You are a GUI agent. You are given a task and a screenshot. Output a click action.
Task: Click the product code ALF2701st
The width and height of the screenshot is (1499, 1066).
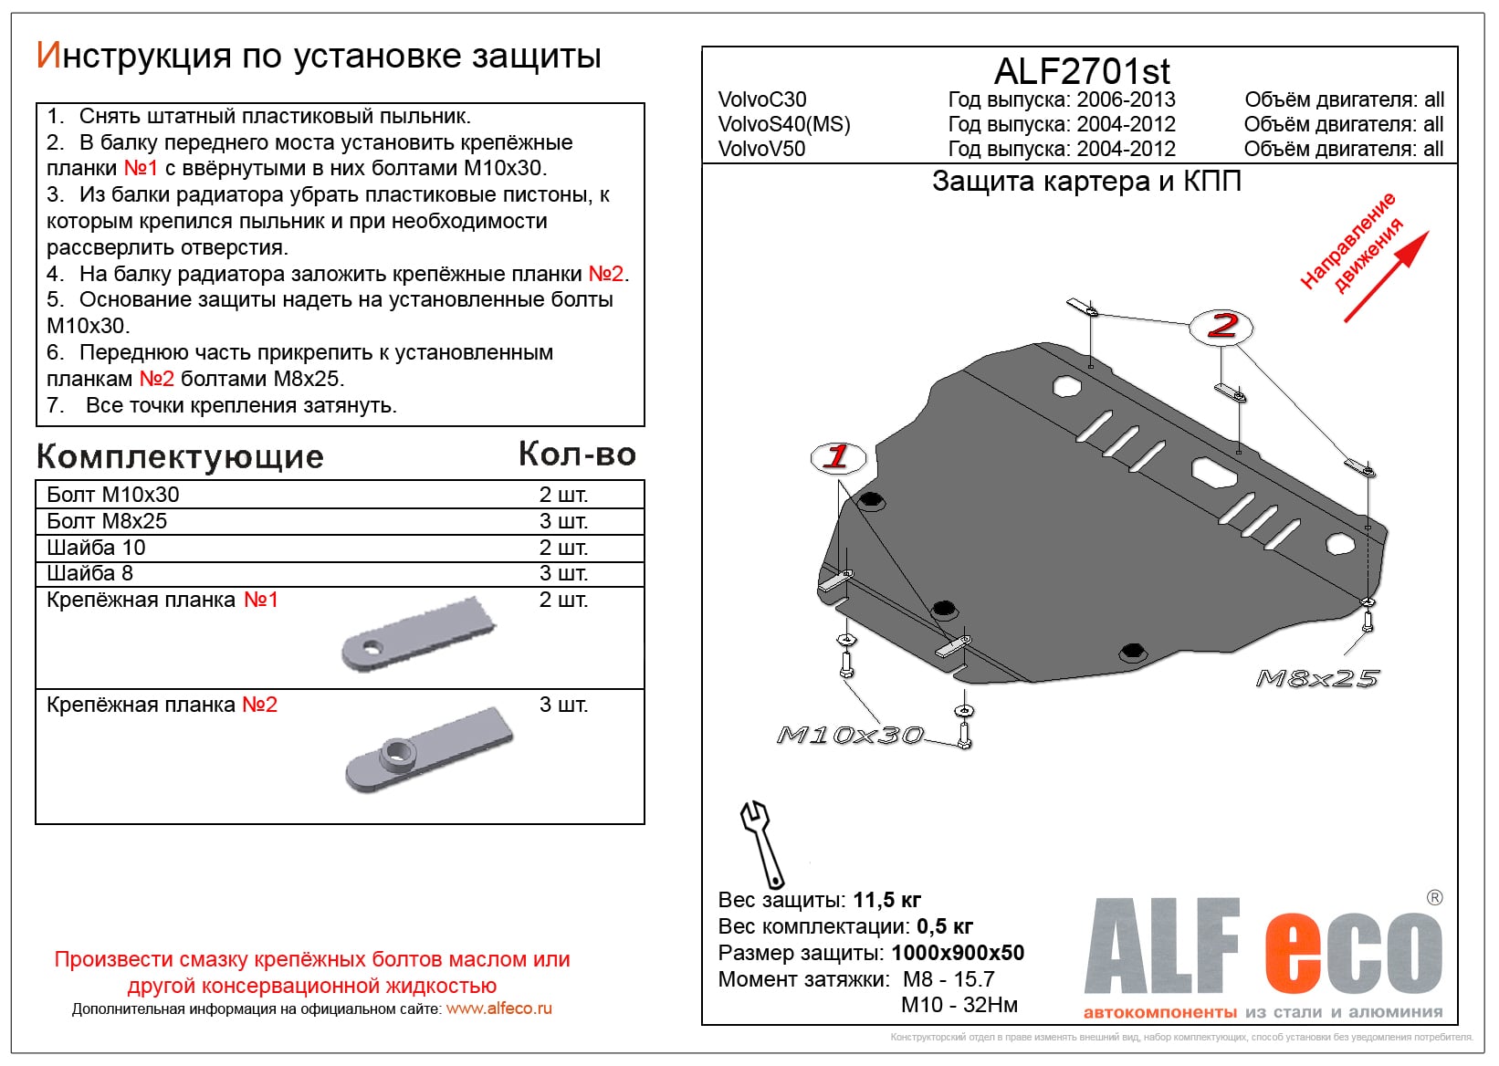(x=1081, y=71)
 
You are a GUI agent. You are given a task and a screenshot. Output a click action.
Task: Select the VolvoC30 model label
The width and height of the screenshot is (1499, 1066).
(x=762, y=99)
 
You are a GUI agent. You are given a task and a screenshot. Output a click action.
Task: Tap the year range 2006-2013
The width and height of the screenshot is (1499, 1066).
(x=1126, y=99)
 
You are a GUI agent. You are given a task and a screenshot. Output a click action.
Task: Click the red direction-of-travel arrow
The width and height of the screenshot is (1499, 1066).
(x=1385, y=277)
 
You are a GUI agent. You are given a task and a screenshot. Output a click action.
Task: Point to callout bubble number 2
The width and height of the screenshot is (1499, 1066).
(x=1221, y=326)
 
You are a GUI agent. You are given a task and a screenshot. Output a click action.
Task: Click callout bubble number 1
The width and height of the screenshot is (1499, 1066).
(x=836, y=456)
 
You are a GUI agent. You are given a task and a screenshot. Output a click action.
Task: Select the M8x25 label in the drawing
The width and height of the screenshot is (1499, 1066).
(x=1317, y=678)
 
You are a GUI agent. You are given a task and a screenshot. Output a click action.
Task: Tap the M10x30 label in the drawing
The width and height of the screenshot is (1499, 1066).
(x=849, y=735)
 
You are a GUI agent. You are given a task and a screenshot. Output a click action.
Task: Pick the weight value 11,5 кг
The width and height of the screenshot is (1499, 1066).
(x=886, y=900)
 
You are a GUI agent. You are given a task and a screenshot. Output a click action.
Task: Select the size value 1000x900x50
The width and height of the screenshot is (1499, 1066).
(x=958, y=953)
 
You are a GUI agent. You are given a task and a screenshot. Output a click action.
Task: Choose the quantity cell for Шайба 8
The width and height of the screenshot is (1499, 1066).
(x=563, y=573)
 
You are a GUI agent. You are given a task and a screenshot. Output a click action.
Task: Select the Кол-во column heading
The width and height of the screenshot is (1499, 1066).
(x=577, y=454)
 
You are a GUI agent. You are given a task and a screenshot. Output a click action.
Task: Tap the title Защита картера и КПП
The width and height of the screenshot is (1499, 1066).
(x=1086, y=182)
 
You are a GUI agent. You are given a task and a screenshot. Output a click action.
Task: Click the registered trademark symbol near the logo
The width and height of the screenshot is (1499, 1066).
(x=1434, y=897)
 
